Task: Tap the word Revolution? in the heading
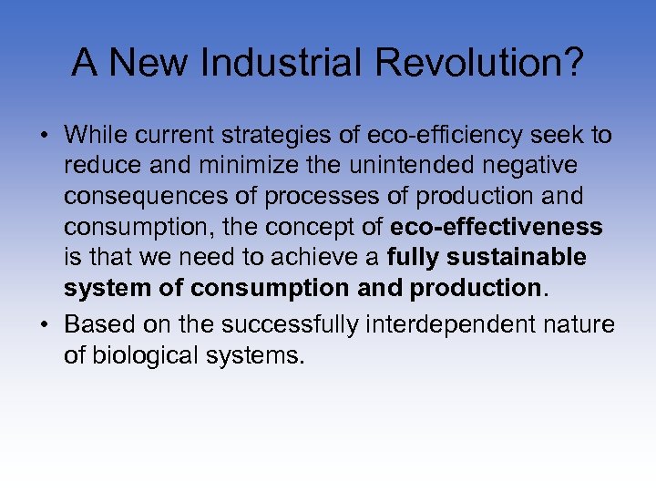coord(472,63)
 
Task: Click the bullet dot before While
coord(44,136)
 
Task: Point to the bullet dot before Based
coord(44,325)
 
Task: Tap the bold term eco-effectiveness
coord(497,227)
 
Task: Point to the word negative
coord(551,166)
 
